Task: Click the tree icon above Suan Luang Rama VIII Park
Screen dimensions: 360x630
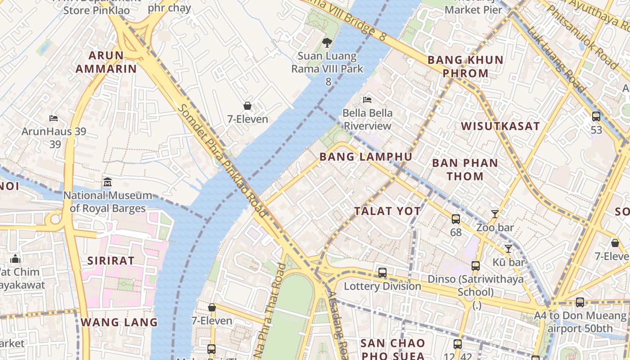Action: (327, 43)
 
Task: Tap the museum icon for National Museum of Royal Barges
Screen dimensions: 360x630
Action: (108, 182)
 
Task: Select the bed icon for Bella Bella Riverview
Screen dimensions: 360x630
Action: (367, 99)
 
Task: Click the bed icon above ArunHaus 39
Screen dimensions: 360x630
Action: (54, 118)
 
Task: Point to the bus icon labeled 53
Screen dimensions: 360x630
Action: (596, 117)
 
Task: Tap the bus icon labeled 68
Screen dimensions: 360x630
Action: (456, 219)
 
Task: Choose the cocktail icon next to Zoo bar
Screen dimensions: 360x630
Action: (495, 214)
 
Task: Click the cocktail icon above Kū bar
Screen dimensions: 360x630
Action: (508, 248)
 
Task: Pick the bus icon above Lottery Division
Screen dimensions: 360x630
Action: (382, 272)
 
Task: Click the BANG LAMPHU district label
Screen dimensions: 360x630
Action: (365, 157)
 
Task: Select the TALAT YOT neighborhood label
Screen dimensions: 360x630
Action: (387, 211)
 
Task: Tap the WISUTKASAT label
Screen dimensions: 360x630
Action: (500, 126)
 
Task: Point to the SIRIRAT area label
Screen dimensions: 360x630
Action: (111, 261)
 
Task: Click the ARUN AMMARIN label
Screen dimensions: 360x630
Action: (106, 62)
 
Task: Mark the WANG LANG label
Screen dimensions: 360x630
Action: (119, 322)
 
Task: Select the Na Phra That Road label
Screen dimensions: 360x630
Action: (270, 310)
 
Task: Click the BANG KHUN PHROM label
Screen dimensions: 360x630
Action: (465, 66)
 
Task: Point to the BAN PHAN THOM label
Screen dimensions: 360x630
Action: (465, 169)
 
